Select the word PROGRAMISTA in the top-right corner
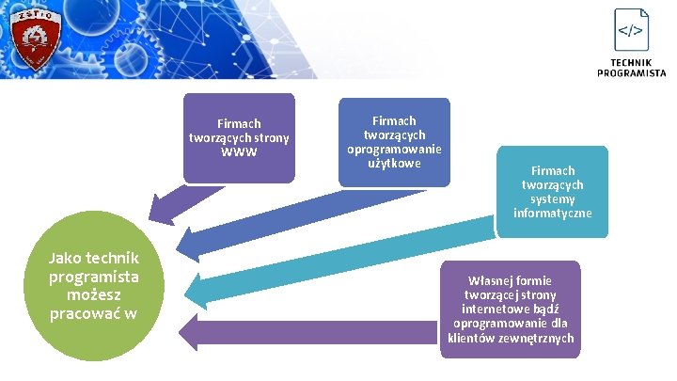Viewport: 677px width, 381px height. point(631,72)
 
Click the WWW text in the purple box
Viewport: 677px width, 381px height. point(239,151)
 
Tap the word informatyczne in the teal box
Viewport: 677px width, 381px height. point(553,214)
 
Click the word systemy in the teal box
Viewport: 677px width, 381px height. point(553,198)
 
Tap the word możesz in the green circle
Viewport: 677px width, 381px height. point(94,295)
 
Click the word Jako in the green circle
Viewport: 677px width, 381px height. point(67,258)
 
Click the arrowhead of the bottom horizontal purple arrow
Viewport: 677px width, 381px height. point(192,332)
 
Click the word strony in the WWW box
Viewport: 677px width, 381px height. point(270,137)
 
